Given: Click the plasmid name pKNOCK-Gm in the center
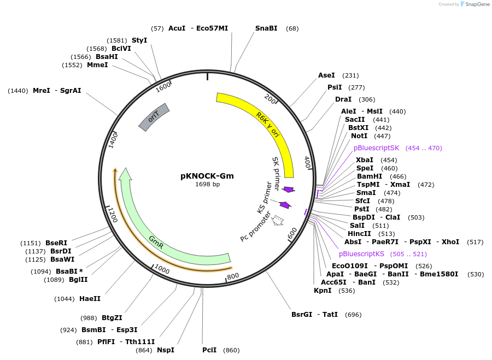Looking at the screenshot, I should pos(207,176).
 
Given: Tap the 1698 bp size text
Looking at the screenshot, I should pos(207,185).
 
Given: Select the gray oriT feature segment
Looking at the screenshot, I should pos(154,117).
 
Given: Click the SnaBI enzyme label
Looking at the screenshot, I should pos(266,28).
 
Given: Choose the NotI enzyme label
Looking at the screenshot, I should pos(359,135).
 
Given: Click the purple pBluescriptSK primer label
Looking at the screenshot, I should pos(377,148).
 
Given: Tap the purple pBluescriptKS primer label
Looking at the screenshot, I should pos(362,254).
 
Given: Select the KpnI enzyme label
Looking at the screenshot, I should pos(323,291).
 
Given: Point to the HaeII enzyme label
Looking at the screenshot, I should pos(90,299).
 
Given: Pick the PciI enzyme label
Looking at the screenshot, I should pos(209,350).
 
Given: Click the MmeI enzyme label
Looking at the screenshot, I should pos(97,65).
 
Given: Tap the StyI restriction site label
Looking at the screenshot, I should pos(139,40).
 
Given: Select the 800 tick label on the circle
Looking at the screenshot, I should pos(233,276).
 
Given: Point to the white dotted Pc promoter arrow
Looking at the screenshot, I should pos(278,220).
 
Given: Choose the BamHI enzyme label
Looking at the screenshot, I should pos(366,176).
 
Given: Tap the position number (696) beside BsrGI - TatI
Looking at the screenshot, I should pos(354,315).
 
